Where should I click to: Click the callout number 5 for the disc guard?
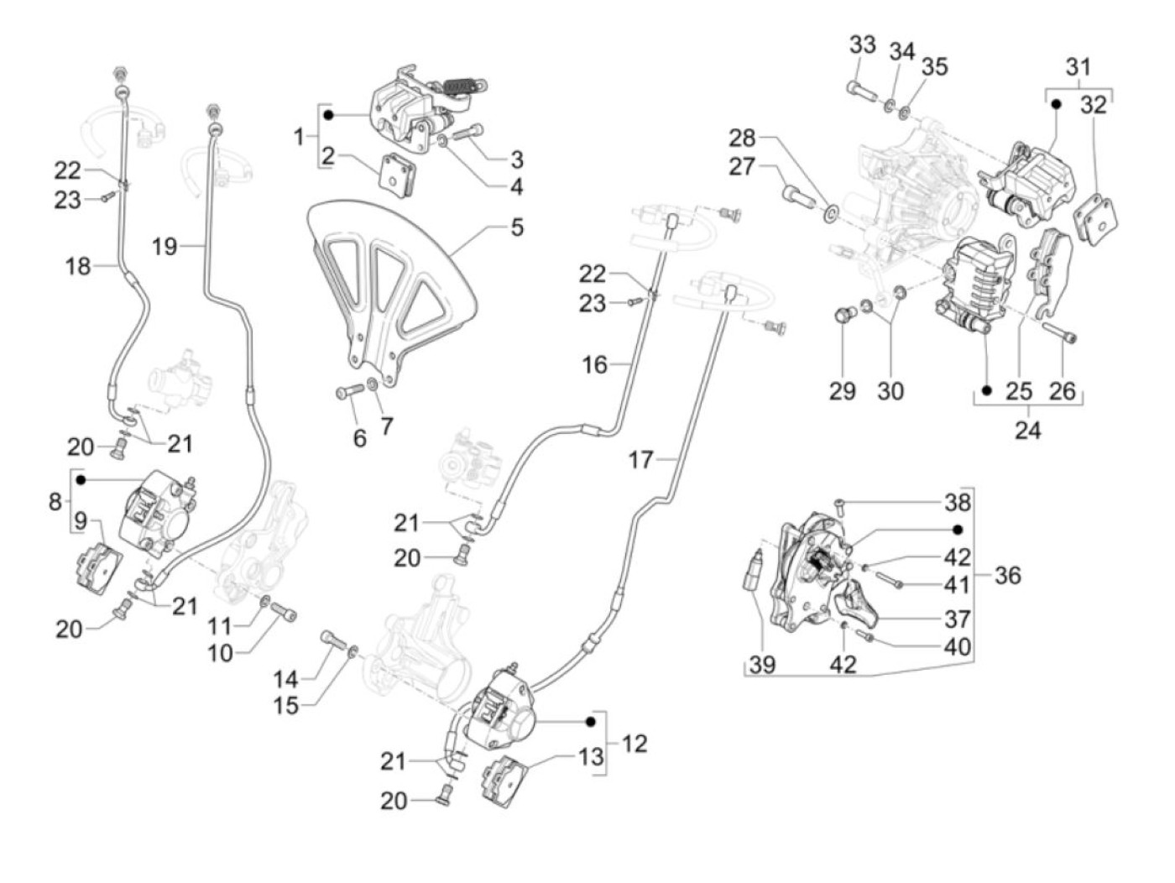516,227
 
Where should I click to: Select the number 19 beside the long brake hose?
164,246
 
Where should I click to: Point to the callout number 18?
78,267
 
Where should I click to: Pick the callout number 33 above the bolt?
862,45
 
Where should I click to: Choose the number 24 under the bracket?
1027,431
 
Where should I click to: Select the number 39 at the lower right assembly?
762,666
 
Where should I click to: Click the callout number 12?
635,744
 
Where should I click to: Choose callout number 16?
594,364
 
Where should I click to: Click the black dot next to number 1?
330,114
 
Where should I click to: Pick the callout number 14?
286,678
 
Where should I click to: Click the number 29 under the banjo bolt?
842,391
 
